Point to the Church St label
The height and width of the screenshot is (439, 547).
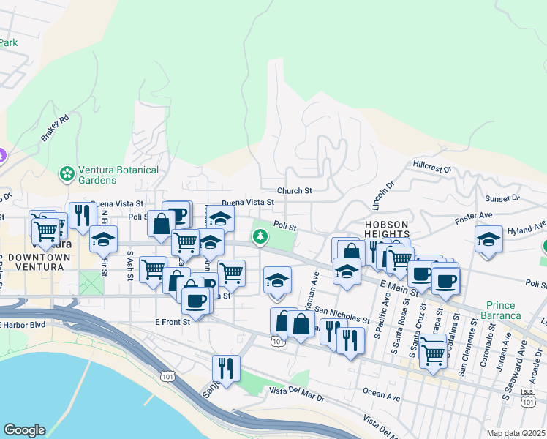294,191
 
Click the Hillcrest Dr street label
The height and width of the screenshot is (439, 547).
433,166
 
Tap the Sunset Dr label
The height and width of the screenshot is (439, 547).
502,198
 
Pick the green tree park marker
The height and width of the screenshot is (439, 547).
260,236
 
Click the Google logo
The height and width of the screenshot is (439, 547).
24,430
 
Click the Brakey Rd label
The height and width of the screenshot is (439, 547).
55,128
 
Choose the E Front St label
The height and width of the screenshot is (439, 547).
173,321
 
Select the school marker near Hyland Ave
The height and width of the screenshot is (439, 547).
488,239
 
